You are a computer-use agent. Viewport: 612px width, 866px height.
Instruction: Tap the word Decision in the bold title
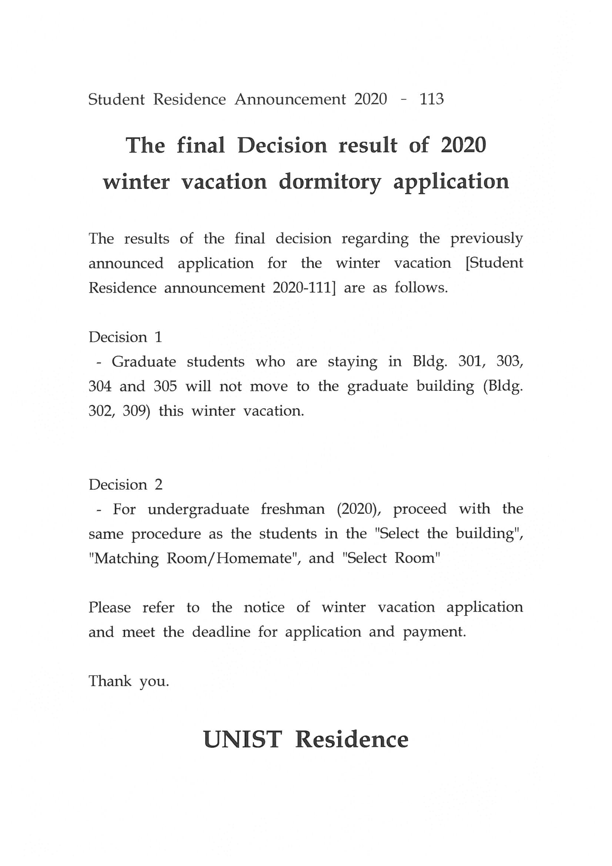(x=282, y=145)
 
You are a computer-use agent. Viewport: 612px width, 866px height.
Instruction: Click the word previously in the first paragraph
(x=486, y=239)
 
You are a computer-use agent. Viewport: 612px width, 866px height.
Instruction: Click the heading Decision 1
(x=125, y=337)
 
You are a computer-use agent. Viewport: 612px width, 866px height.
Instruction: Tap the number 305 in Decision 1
(x=165, y=386)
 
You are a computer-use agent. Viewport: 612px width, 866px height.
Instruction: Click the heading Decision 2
(x=125, y=484)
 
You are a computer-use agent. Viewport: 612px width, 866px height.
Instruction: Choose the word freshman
(x=292, y=509)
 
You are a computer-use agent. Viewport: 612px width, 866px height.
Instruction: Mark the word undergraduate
(x=198, y=509)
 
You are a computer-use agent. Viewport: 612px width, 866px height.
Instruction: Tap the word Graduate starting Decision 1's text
(x=144, y=362)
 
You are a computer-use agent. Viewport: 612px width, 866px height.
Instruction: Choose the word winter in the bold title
(x=136, y=183)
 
